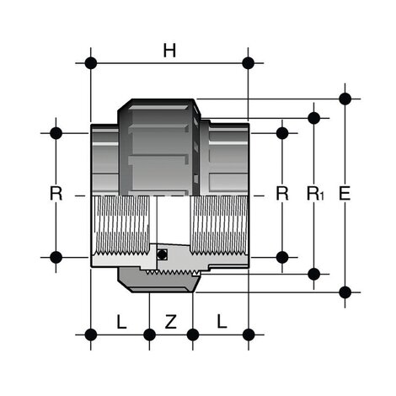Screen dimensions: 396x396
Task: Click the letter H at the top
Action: tap(169, 51)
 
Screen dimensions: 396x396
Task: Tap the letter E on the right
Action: tap(344, 194)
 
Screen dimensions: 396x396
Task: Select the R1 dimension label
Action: tap(313, 195)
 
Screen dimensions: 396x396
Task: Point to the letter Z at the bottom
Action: tap(170, 321)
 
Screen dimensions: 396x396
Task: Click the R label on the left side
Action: tap(56, 194)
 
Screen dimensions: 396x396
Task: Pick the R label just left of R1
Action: tap(282, 194)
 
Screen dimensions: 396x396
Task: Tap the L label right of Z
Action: tap(221, 321)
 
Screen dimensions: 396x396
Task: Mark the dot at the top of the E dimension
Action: tap(345, 99)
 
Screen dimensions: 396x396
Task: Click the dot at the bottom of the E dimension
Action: tap(345, 292)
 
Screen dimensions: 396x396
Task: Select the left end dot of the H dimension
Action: tap(90, 63)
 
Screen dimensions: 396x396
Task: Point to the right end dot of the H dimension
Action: tap(248, 63)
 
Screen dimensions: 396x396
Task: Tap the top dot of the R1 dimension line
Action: tap(313, 118)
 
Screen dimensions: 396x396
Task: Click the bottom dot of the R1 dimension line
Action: tap(313, 273)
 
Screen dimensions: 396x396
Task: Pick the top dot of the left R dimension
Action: tap(56, 132)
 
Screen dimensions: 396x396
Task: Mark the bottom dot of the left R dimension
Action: tap(56, 256)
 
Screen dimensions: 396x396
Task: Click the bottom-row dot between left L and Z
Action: tap(149, 334)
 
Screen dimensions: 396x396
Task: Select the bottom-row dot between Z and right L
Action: tap(193, 334)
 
